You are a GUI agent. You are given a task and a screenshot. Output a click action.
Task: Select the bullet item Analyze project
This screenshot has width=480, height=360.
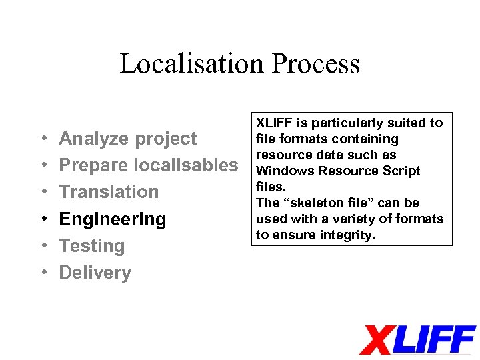(x=128, y=139)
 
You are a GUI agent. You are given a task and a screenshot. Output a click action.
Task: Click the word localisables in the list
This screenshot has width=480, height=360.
(x=186, y=165)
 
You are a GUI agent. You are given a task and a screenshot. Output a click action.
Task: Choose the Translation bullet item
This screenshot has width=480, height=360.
(x=109, y=192)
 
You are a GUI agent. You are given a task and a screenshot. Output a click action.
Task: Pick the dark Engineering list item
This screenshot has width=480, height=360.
(x=113, y=219)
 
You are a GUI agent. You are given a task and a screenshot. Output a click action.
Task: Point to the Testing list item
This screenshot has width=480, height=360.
(x=92, y=245)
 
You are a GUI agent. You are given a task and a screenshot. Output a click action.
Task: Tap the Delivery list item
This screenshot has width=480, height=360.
(x=95, y=272)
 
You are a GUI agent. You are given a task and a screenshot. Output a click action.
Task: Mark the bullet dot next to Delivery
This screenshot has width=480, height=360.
(x=42, y=273)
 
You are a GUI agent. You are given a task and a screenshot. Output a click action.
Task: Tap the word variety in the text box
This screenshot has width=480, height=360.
(x=360, y=219)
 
